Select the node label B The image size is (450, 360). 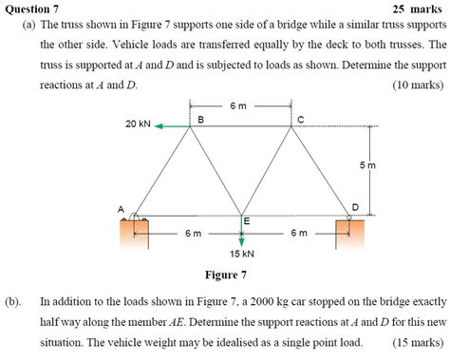click(199, 118)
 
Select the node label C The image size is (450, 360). click(300, 118)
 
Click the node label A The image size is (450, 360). click(121, 207)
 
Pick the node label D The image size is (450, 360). click(355, 206)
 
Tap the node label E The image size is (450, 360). click(246, 220)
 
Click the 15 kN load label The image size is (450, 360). click(241, 254)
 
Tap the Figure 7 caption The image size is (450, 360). click(226, 275)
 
